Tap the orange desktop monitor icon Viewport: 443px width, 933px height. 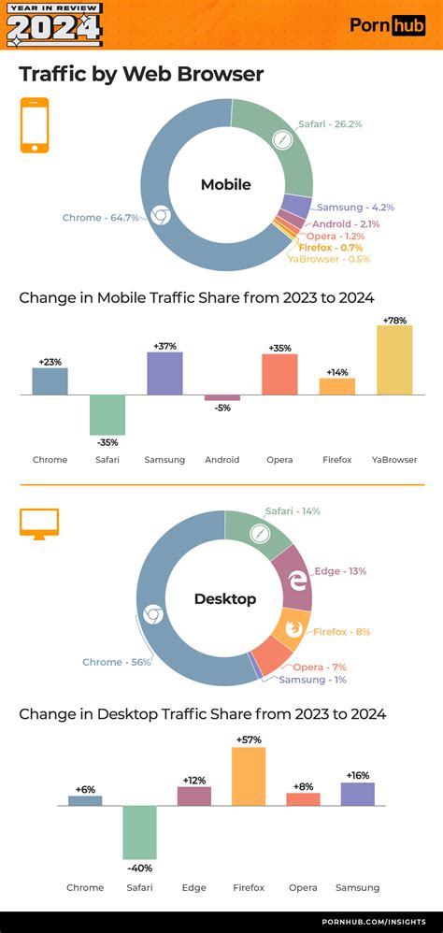click(x=39, y=524)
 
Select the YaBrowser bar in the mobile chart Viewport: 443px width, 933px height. click(x=395, y=360)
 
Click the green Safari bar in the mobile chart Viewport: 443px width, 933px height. click(x=107, y=414)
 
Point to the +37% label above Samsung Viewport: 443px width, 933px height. click(x=164, y=345)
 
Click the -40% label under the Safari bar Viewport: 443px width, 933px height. click(x=140, y=868)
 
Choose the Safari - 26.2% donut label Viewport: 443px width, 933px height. click(x=330, y=123)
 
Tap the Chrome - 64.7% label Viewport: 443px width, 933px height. click(x=101, y=218)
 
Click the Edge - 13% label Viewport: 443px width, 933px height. click(x=341, y=570)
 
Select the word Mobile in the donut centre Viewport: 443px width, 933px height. click(x=226, y=185)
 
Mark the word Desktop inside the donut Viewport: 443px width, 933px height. click(x=225, y=598)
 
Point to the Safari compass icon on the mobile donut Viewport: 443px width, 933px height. click(x=283, y=140)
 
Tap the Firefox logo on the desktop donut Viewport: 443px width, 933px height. click(x=293, y=628)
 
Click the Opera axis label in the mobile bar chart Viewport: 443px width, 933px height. click(x=279, y=460)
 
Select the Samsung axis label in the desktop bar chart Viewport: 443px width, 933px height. click(x=357, y=887)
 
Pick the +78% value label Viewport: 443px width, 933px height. click(x=395, y=320)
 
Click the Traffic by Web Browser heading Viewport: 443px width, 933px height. click(x=141, y=74)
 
